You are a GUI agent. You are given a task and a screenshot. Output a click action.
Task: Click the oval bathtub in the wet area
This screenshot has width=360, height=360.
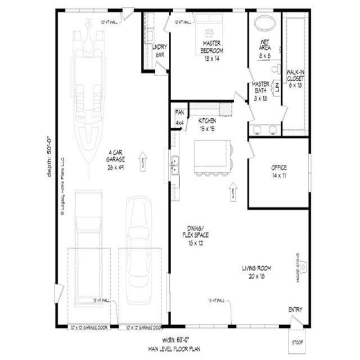(x=265, y=24)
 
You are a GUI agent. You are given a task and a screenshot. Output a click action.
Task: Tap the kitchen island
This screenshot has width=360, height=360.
(x=211, y=156)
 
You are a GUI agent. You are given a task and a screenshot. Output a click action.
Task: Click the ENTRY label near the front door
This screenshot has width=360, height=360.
(x=295, y=310)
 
